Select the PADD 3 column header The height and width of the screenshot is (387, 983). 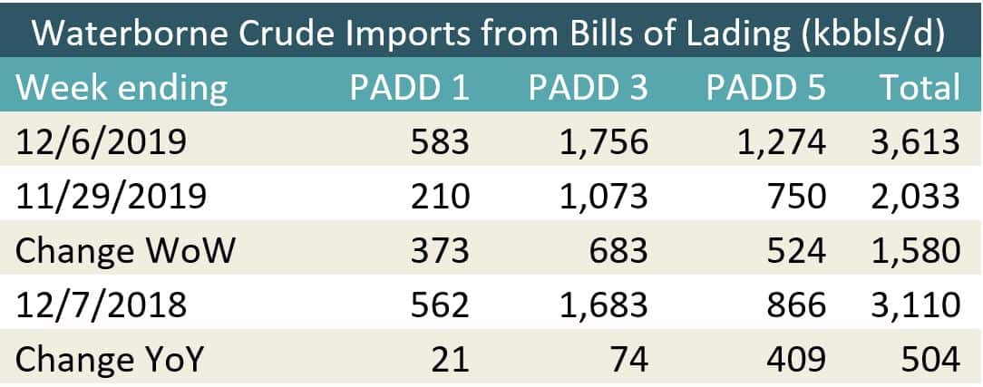589,87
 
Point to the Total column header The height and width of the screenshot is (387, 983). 918,87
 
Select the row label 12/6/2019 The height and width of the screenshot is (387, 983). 101,141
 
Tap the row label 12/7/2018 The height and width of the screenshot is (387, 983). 101,305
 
